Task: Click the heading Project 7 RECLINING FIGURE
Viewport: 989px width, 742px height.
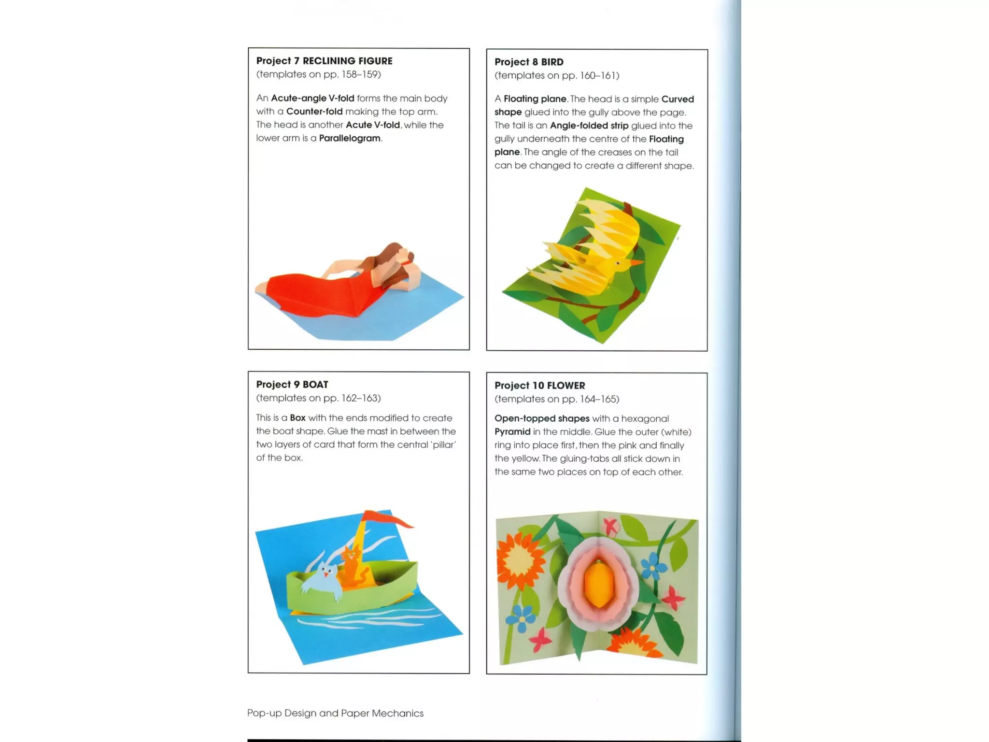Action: coord(324,61)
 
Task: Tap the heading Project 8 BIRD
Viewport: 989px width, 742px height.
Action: coord(529,62)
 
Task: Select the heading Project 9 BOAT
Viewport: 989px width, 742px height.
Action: coord(292,385)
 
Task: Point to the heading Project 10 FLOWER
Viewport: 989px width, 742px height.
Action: coord(539,385)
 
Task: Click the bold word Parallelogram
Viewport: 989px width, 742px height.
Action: coord(350,138)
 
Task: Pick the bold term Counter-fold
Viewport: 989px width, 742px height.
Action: coord(314,112)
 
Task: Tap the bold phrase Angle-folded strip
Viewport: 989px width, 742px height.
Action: coord(589,126)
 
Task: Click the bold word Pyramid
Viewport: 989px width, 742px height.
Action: coord(512,432)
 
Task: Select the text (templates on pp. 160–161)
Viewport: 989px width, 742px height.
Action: coord(557,75)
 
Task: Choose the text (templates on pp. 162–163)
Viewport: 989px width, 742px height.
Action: coord(318,398)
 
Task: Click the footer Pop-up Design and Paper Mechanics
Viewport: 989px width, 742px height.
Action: coord(335,713)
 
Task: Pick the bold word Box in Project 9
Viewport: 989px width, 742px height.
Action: coord(297,418)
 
